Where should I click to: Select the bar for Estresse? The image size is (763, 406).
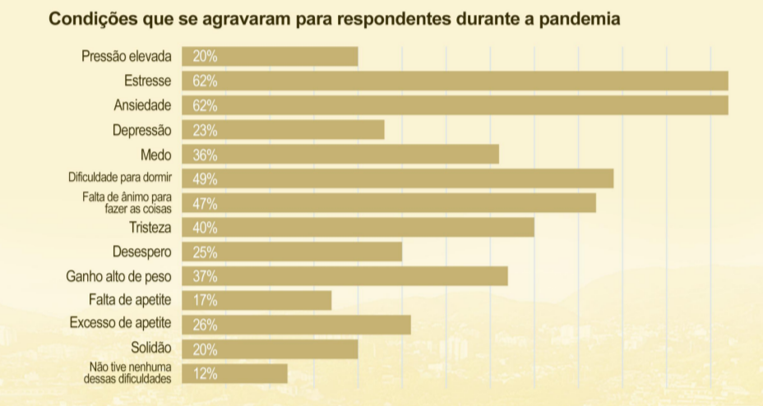(455, 81)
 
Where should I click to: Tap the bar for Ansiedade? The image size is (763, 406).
(455, 105)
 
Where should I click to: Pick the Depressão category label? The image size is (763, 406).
(142, 130)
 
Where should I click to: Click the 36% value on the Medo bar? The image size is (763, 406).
(205, 155)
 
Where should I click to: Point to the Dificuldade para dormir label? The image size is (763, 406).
(119, 178)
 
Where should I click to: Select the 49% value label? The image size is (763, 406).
(205, 178)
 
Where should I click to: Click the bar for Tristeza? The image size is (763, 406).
(358, 227)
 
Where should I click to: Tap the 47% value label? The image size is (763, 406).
(205, 203)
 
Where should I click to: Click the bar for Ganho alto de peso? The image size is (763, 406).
(345, 275)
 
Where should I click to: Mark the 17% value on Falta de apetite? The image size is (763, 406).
(205, 300)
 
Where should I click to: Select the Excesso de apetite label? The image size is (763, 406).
(121, 324)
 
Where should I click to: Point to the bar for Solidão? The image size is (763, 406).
(270, 348)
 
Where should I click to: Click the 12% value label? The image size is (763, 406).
(205, 373)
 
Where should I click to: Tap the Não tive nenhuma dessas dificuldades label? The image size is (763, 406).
(127, 373)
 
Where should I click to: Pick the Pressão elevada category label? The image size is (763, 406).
(127, 57)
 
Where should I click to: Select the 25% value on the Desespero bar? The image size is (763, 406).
(205, 251)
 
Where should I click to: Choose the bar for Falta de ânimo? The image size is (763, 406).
(388, 203)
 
